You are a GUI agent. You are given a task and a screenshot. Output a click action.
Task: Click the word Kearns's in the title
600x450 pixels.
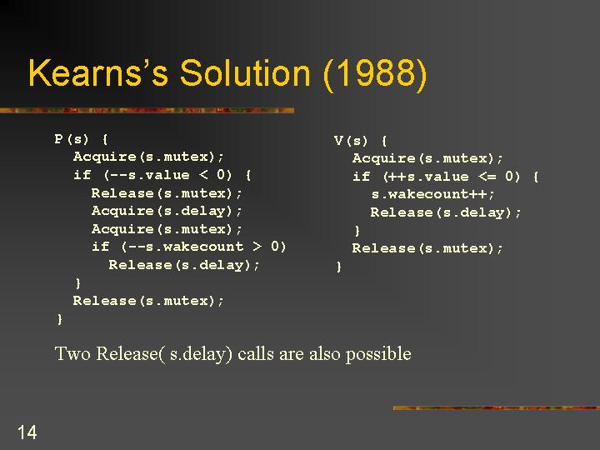pyautogui.click(x=98, y=72)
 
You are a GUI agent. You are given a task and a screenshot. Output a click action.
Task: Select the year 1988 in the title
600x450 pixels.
pyautogui.click(x=375, y=72)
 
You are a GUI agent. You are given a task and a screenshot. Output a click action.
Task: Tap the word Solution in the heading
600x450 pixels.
pyautogui.click(x=245, y=72)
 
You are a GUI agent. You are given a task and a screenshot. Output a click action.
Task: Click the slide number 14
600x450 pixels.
pyautogui.click(x=27, y=432)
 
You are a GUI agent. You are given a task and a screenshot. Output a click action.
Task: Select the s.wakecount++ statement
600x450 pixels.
pyautogui.click(x=432, y=194)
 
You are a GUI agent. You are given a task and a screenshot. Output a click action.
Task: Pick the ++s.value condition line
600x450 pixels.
pyautogui.click(x=445, y=177)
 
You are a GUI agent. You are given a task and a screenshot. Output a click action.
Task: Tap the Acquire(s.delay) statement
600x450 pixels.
pyautogui.click(x=167, y=211)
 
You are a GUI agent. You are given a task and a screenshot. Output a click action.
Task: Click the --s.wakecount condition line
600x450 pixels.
pyautogui.click(x=188, y=247)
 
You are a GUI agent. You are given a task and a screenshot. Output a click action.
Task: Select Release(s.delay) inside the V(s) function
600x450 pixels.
pyautogui.click(x=445, y=212)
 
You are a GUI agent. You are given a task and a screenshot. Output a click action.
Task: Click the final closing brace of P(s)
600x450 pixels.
pyautogui.click(x=59, y=318)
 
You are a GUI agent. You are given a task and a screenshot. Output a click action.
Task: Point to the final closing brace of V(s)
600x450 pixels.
pyautogui.click(x=338, y=267)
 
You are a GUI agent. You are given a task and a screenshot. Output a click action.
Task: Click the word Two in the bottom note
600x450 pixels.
pyautogui.click(x=72, y=353)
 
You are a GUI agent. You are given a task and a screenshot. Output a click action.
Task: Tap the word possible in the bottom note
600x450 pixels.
pyautogui.click(x=378, y=354)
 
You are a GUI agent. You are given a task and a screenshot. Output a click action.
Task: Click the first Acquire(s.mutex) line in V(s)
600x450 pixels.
pyautogui.click(x=427, y=158)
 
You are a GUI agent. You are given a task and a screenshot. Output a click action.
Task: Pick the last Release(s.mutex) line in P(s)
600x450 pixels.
pyautogui.click(x=148, y=301)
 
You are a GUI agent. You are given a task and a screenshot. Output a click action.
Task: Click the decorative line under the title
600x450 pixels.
pyautogui.click(x=147, y=111)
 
